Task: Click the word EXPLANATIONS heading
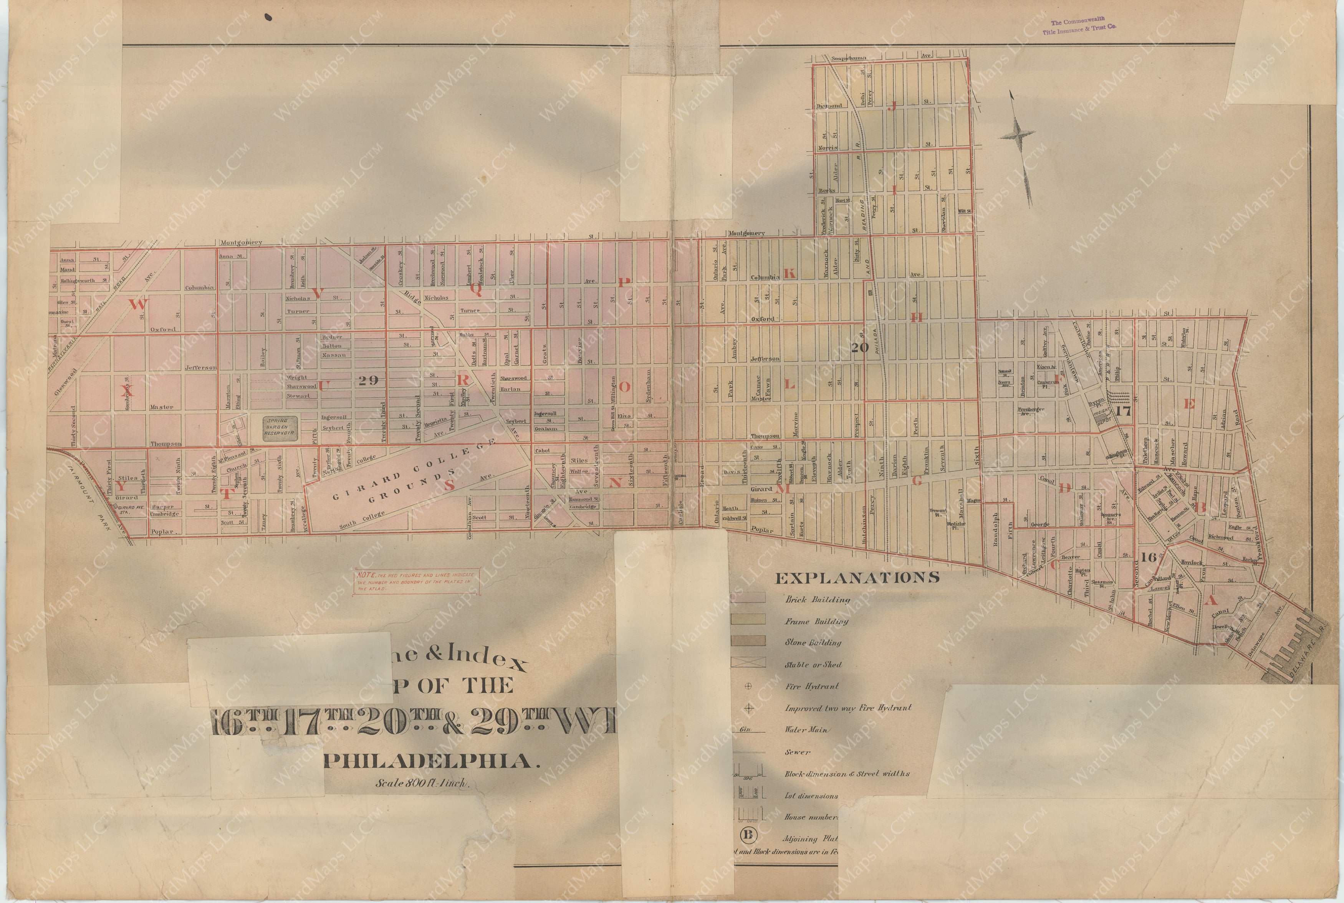[x=857, y=577]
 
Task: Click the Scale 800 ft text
[x=423, y=783]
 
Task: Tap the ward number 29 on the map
[x=367, y=380]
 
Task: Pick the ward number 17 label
[x=1122, y=411]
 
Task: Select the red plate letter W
[x=136, y=305]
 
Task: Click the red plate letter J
[x=894, y=105]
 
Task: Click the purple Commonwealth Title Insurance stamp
[x=1077, y=26]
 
